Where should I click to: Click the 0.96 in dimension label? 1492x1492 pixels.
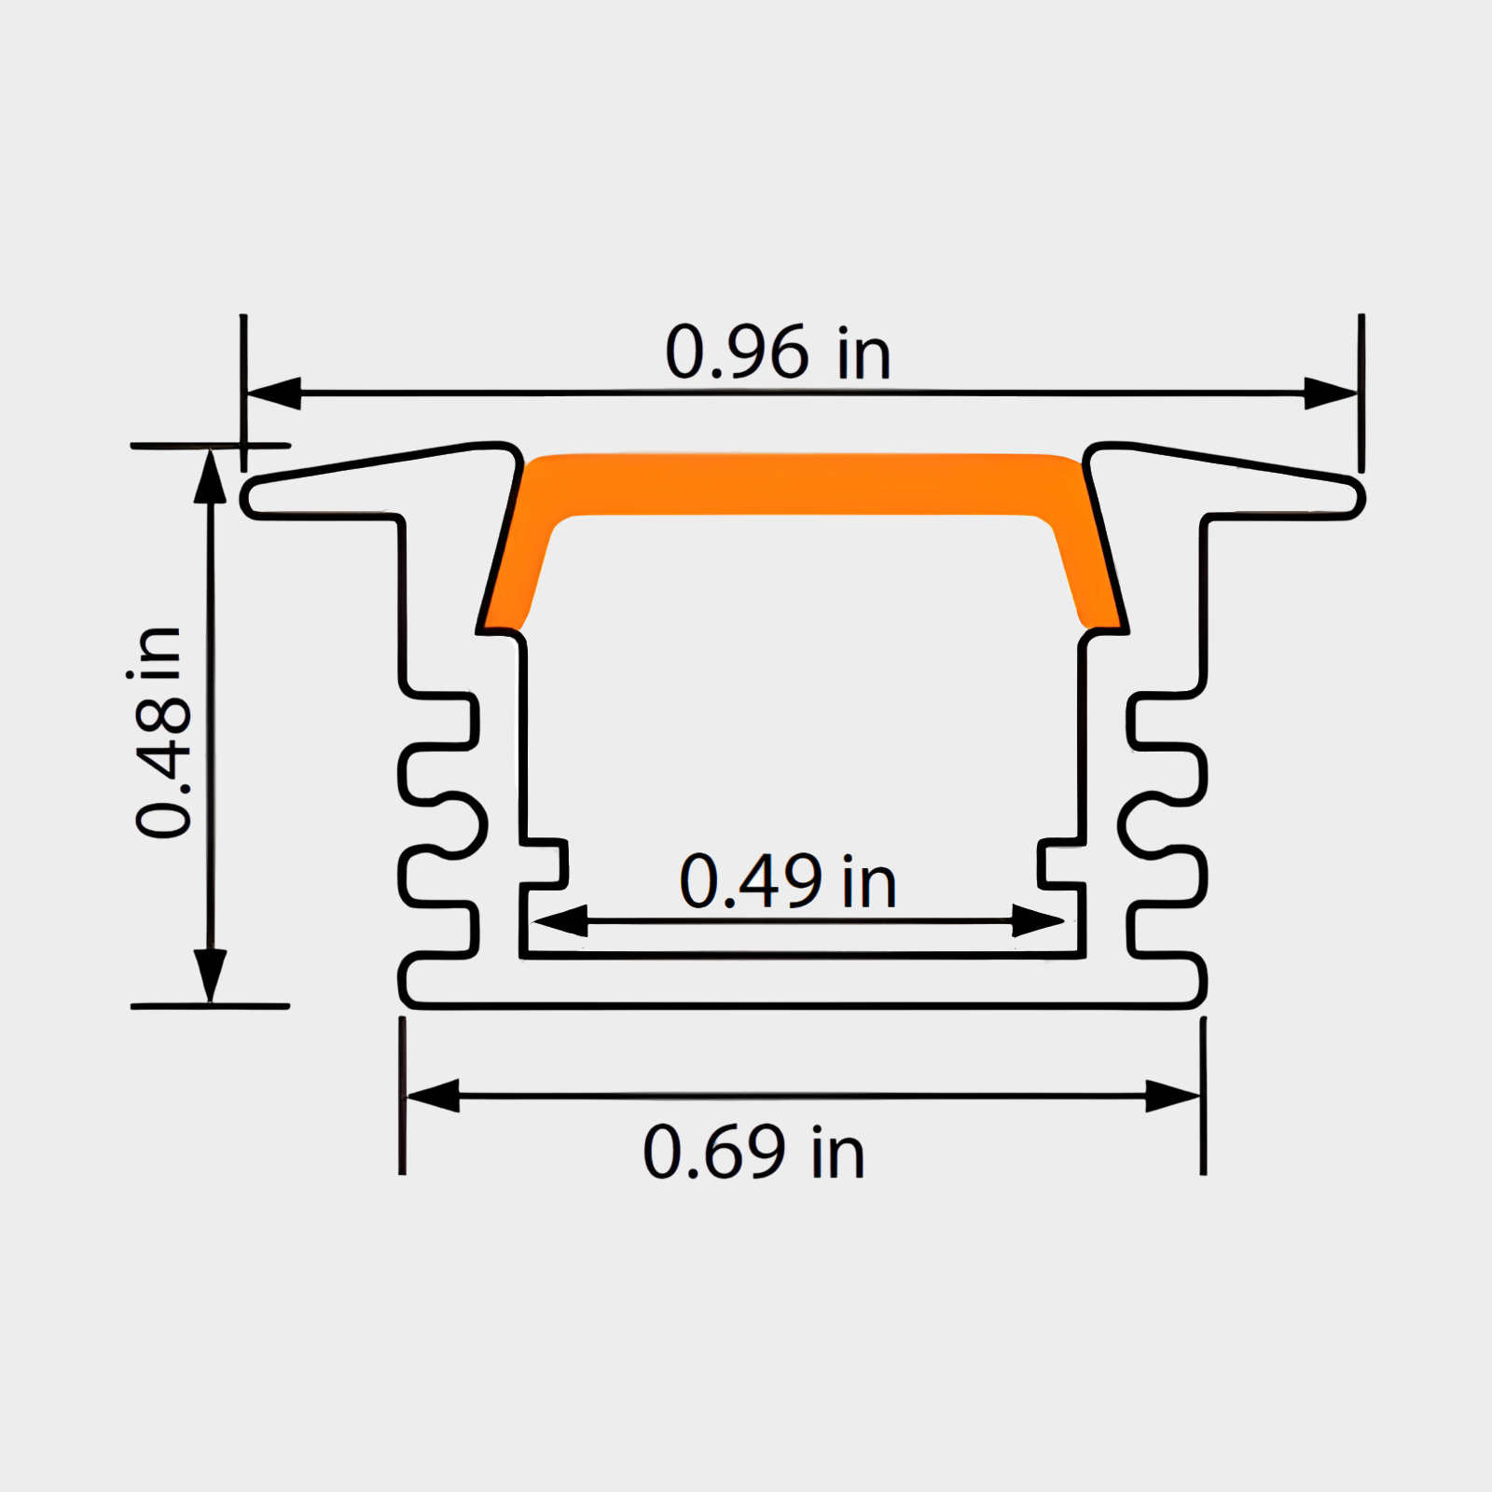(x=778, y=353)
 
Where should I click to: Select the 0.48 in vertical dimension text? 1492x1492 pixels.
(x=160, y=732)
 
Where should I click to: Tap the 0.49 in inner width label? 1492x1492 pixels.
(x=788, y=881)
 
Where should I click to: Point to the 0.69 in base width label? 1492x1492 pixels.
(x=753, y=1153)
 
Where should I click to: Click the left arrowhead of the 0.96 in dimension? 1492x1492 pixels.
(x=275, y=394)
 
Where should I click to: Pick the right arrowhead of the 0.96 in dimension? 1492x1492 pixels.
(x=1329, y=394)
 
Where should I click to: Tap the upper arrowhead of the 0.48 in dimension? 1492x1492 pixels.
(x=210, y=477)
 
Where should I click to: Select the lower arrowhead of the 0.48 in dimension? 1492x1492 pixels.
(x=210, y=975)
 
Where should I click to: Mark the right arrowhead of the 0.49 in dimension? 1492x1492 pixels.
(x=1037, y=921)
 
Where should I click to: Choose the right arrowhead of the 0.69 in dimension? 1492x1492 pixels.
(x=1172, y=1097)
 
